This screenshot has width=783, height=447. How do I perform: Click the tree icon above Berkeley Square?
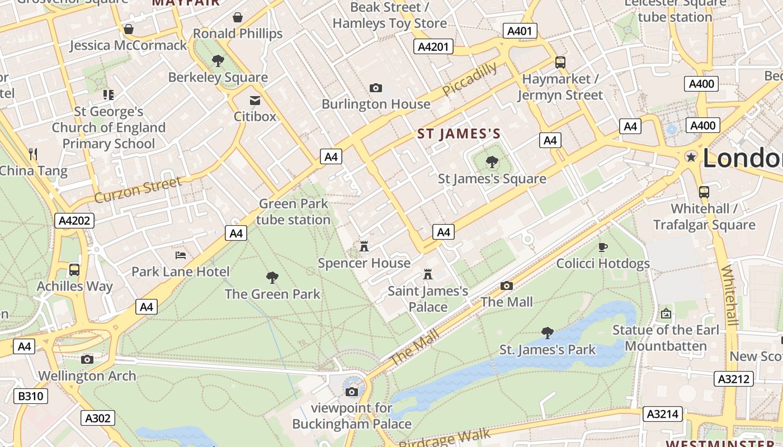click(218, 60)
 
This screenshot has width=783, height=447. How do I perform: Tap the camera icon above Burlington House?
click(376, 88)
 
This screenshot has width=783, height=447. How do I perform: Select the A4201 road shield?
click(433, 46)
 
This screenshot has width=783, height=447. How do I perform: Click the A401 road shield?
click(519, 31)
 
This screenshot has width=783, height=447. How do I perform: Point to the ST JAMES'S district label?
click(459, 134)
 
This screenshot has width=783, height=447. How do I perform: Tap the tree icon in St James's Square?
click(492, 162)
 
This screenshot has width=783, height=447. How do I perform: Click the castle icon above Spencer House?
click(364, 246)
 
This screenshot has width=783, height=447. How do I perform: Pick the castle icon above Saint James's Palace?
click(428, 274)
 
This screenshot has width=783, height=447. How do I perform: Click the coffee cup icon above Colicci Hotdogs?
click(602, 247)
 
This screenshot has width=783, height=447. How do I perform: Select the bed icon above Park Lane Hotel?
click(181, 255)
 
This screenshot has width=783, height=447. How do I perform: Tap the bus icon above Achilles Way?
click(74, 270)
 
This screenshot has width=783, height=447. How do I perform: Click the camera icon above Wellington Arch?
click(87, 359)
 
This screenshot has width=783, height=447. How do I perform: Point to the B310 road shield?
click(31, 397)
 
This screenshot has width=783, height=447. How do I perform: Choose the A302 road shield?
click(98, 417)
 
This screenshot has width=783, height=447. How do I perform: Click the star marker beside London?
click(691, 157)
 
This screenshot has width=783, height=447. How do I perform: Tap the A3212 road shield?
click(733, 379)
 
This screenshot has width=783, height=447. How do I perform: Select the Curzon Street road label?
click(138, 190)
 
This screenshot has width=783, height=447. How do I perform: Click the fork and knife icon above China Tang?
click(33, 154)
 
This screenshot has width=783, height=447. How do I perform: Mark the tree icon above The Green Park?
click(272, 277)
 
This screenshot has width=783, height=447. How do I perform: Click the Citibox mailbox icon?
click(255, 100)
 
